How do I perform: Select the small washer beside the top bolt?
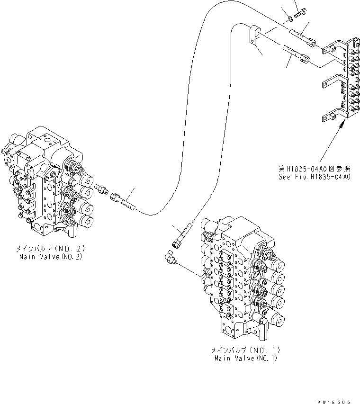click(289, 19)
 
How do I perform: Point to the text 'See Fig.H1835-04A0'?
click(314, 177)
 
